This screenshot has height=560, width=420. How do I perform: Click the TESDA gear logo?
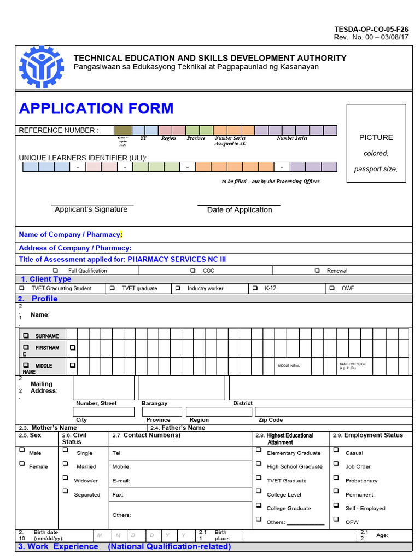[x=42, y=67]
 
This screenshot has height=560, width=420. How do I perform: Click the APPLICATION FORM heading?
[x=96, y=108]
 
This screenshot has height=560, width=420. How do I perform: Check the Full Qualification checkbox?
[x=55, y=270]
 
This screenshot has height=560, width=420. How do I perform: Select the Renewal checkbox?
[x=317, y=270]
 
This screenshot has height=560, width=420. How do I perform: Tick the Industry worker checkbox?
[x=178, y=288]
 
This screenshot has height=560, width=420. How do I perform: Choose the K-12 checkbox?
[x=254, y=288]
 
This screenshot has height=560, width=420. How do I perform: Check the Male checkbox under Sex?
[x=22, y=450]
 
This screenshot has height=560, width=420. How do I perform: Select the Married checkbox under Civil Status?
[x=65, y=464]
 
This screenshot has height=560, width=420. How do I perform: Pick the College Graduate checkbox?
[x=258, y=505]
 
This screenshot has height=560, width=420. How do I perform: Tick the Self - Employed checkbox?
[x=335, y=505]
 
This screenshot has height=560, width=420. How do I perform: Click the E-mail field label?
[x=121, y=481]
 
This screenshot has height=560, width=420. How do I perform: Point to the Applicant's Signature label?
[x=91, y=209]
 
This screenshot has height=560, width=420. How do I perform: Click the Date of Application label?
[x=240, y=210]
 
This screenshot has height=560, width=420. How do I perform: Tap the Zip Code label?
[x=271, y=420]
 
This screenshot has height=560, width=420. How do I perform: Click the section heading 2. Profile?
[x=38, y=299]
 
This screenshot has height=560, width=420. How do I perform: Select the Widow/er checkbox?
[x=65, y=477]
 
